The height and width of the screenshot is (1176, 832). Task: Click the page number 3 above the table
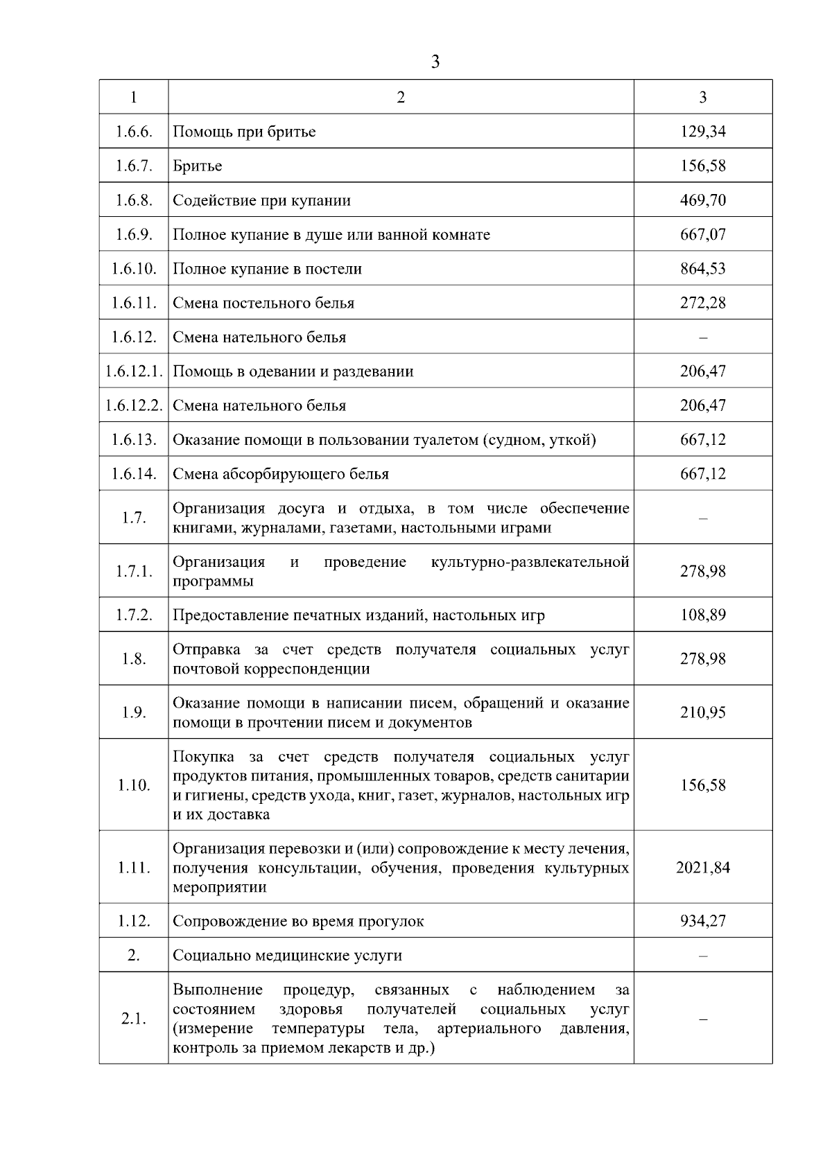(435, 62)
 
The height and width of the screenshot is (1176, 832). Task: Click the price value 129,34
(702, 131)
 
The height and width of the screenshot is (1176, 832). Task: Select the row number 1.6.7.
(134, 166)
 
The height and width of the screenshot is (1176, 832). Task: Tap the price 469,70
(702, 200)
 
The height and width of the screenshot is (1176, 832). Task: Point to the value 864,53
(702, 268)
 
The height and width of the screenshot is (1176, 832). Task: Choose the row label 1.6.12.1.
(134, 371)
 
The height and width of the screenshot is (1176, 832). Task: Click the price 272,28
(702, 303)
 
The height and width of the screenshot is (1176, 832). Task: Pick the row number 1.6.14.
(134, 474)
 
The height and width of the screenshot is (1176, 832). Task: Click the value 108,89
(702, 615)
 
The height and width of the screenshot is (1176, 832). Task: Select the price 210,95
(702, 712)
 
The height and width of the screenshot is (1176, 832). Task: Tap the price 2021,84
(702, 868)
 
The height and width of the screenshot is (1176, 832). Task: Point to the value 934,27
(702, 921)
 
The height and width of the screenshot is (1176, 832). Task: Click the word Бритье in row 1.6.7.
(198, 166)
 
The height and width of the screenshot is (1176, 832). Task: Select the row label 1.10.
(134, 785)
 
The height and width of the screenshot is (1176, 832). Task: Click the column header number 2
(401, 97)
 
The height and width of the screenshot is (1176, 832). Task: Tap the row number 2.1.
(134, 1019)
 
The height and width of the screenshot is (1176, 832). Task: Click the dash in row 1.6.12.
(702, 337)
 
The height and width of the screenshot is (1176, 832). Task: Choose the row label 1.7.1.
(134, 571)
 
